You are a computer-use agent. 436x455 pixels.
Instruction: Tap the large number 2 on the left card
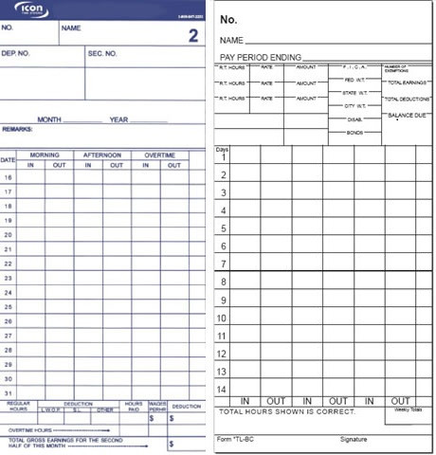click(x=192, y=36)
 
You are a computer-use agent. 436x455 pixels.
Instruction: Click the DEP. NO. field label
click(x=18, y=53)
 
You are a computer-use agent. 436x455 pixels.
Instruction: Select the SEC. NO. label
click(x=101, y=53)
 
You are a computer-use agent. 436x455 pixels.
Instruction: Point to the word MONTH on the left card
click(x=49, y=119)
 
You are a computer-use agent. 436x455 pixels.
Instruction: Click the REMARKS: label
click(x=19, y=128)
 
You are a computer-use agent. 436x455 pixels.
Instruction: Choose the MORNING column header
click(x=45, y=155)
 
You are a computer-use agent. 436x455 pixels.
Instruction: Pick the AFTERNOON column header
click(x=101, y=155)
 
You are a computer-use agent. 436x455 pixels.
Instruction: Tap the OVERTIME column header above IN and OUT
click(x=159, y=155)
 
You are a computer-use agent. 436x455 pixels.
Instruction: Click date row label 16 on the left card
click(x=8, y=177)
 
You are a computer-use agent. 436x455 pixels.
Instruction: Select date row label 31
click(x=8, y=392)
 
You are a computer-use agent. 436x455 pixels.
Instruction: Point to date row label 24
click(x=8, y=292)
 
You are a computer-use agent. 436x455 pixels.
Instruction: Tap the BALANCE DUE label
click(x=405, y=115)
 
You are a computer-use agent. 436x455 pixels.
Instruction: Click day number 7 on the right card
click(x=223, y=263)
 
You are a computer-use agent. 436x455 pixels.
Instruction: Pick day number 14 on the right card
click(x=223, y=389)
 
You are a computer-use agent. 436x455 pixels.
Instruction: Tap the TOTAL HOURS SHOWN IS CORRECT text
click(x=287, y=411)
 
